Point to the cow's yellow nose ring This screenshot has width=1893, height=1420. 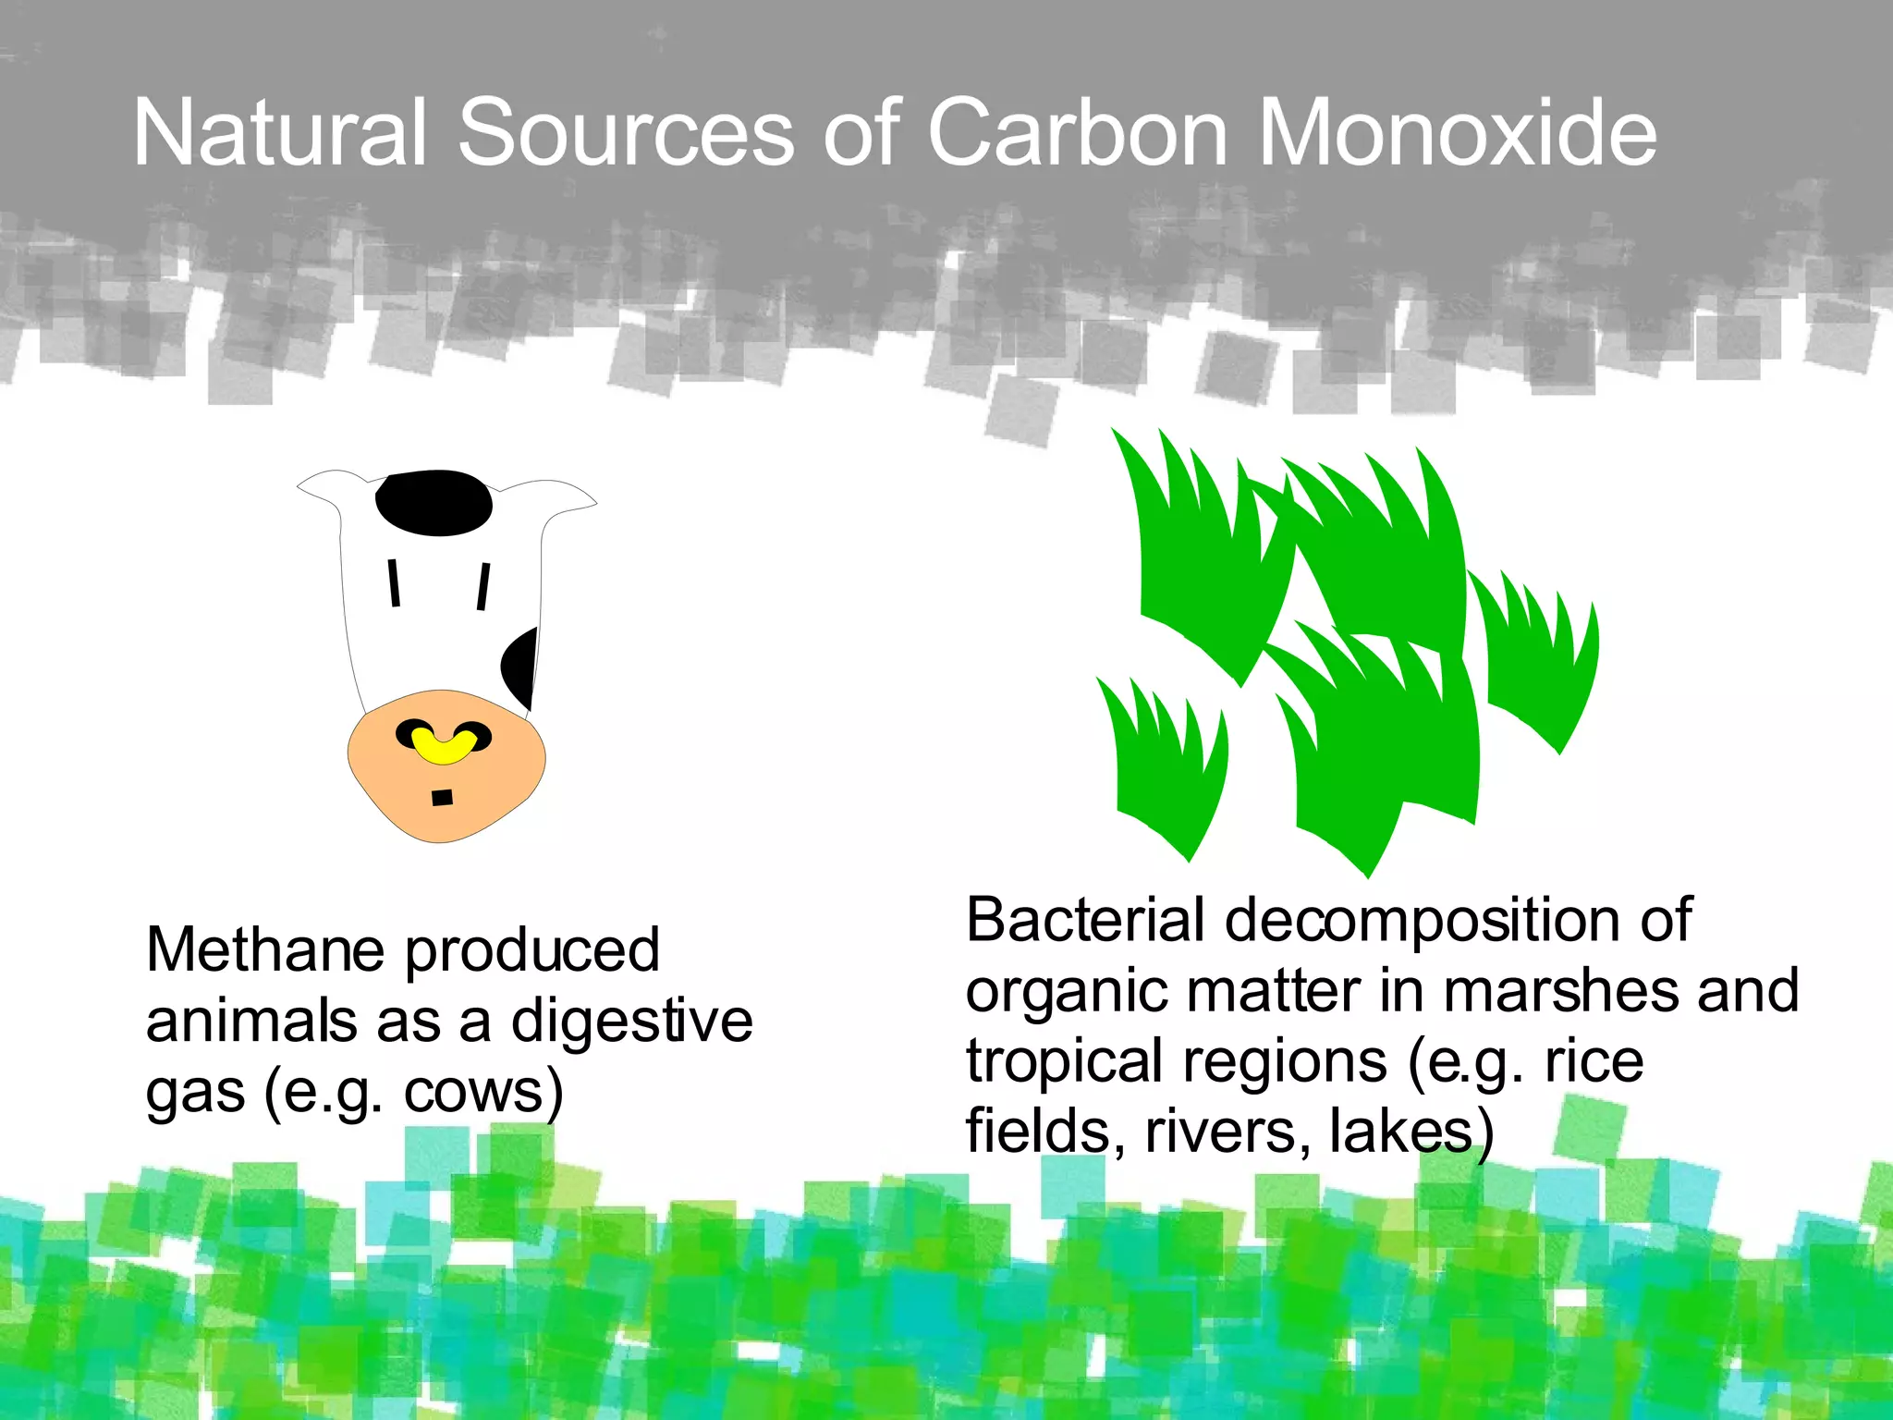tap(444, 745)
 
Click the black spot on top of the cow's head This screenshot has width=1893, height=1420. tap(434, 502)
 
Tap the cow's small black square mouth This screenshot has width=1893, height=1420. tap(443, 797)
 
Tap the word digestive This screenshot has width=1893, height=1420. tap(632, 1021)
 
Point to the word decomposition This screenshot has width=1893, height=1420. tap(1424, 922)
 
